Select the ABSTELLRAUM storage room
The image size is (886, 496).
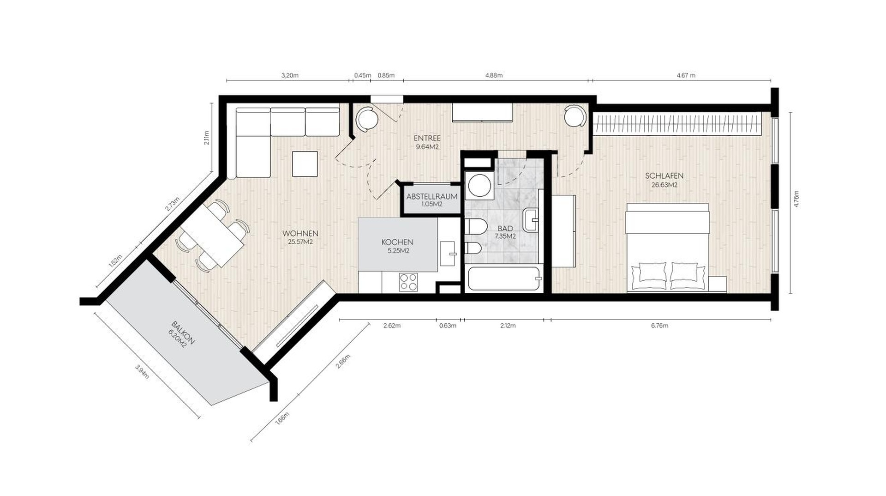pos(431,200)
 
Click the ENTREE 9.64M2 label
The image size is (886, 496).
pos(427,142)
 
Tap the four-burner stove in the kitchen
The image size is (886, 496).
pos(408,282)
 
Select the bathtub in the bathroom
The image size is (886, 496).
pos(503,279)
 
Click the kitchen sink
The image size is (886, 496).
pos(448,254)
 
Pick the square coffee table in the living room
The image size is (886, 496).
pos(305,164)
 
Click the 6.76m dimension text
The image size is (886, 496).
pos(659,326)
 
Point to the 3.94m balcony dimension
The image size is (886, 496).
pos(142,372)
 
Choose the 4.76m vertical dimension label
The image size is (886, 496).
pos(796,200)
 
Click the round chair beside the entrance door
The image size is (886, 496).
pos(367,119)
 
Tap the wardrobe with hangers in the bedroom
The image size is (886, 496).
pos(676,123)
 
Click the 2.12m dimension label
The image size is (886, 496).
pos(508,326)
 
